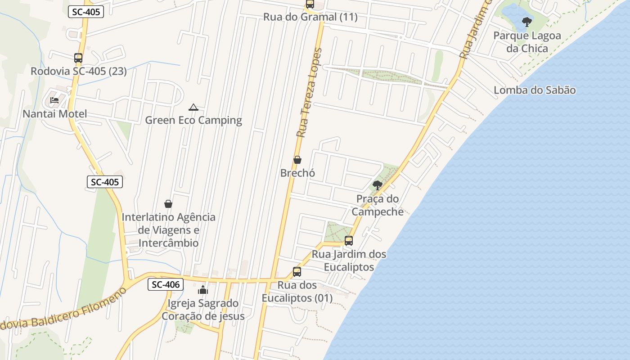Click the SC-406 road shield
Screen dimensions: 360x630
(x=166, y=284)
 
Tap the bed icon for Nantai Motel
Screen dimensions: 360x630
(x=54, y=100)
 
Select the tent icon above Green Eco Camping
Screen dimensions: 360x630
(x=193, y=107)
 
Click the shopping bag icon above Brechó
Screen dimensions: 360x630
(x=297, y=160)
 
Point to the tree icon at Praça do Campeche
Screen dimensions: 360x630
(x=378, y=185)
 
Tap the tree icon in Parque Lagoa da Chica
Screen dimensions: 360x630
(x=526, y=22)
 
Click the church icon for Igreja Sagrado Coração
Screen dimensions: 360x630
(x=203, y=290)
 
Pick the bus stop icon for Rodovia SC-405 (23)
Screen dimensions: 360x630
(x=78, y=58)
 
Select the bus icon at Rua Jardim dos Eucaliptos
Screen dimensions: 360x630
(x=348, y=241)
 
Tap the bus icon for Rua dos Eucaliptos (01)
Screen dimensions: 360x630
(x=297, y=272)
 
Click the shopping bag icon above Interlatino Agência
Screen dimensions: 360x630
(x=168, y=204)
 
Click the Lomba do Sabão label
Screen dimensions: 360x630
(x=535, y=90)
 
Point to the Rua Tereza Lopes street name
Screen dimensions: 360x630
(x=310, y=92)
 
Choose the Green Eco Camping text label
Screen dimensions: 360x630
(x=193, y=120)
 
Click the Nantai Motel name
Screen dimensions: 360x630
(x=55, y=114)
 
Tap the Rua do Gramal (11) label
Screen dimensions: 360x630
(x=310, y=17)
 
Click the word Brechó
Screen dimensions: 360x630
(x=297, y=173)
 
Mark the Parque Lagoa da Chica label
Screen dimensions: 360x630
(x=527, y=42)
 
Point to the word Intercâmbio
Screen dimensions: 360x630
(x=168, y=243)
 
